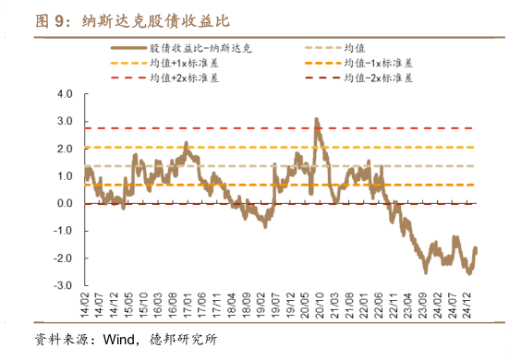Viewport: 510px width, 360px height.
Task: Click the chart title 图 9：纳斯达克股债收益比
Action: (133, 19)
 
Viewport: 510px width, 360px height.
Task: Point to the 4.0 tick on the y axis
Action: (65, 95)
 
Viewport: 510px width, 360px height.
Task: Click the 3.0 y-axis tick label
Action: (65, 122)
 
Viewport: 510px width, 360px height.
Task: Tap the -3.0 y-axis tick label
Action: (63, 286)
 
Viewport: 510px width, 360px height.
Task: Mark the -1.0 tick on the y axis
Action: (63, 232)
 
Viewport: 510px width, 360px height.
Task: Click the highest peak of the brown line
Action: (316, 119)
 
